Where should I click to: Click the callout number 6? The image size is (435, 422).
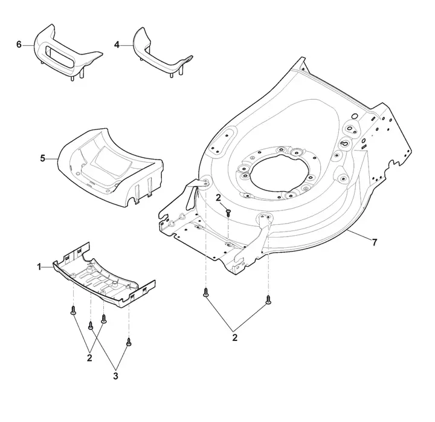(19, 44)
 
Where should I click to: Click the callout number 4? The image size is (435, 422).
(117, 45)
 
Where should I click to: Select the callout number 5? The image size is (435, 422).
(42, 158)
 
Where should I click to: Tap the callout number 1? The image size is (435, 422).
(39, 267)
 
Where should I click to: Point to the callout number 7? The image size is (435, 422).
(375, 242)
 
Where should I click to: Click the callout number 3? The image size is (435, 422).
(115, 376)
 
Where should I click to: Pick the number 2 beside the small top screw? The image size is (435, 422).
(218, 198)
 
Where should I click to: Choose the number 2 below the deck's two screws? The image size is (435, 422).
(234, 338)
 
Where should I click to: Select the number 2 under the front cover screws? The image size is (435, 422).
(89, 358)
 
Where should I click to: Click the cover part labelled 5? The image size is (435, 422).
(111, 166)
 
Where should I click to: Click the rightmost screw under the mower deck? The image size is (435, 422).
(268, 300)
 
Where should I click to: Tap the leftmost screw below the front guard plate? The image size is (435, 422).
(73, 310)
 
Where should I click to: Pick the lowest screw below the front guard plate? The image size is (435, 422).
(129, 342)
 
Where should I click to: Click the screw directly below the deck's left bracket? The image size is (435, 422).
(205, 293)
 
